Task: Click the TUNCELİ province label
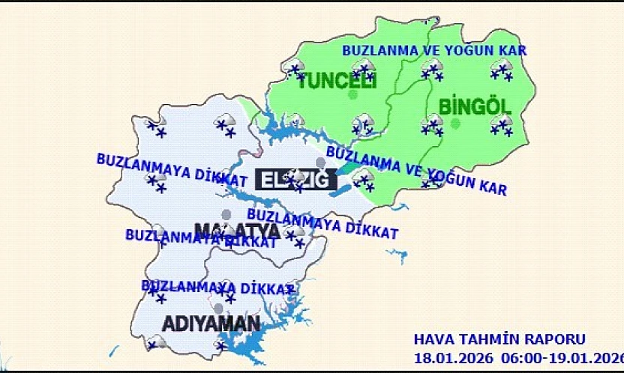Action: click(x=337, y=81)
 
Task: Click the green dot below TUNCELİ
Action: click(x=352, y=95)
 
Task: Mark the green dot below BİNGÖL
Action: click(x=455, y=123)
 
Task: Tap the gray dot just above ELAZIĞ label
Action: click(x=321, y=163)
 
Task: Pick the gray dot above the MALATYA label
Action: click(x=226, y=214)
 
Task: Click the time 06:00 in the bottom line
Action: click(x=512, y=357)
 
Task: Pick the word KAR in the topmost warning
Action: click(x=514, y=51)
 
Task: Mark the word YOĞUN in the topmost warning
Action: click(x=470, y=51)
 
